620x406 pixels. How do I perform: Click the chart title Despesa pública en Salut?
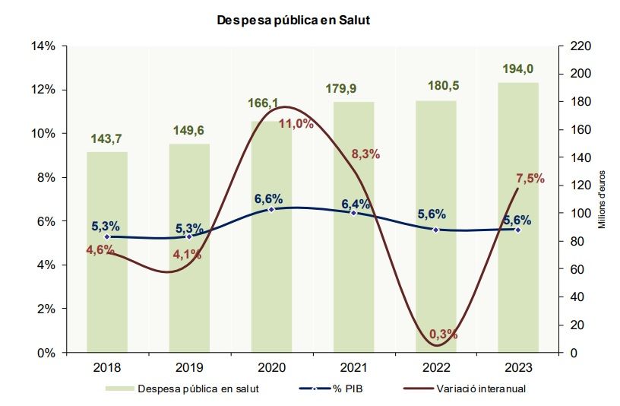click(293, 21)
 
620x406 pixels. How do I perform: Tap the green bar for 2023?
click(518, 228)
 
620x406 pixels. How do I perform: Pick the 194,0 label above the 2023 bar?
click(518, 68)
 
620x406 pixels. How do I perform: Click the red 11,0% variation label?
click(296, 124)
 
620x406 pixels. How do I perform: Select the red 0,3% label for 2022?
click(444, 334)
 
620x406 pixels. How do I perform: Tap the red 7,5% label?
click(530, 179)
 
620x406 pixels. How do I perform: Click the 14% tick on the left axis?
click(43, 46)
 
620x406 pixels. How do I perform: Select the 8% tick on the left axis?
click(46, 178)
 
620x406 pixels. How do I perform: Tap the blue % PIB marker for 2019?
click(189, 236)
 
